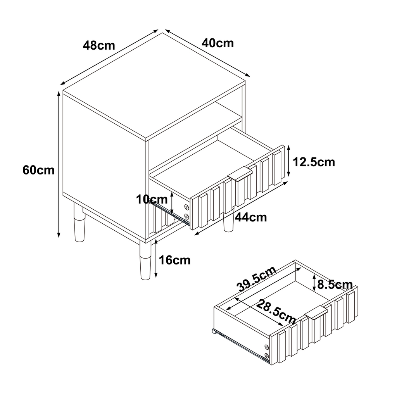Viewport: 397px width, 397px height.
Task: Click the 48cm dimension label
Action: tap(99, 46)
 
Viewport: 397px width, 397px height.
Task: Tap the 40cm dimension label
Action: tap(218, 43)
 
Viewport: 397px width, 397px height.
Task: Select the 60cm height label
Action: tap(38, 170)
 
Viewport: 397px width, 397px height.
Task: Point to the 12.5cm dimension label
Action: tap(314, 162)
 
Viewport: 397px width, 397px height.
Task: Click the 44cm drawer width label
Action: tap(251, 217)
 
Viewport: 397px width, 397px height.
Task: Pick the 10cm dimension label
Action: tap(152, 200)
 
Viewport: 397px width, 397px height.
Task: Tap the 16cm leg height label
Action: tap(175, 260)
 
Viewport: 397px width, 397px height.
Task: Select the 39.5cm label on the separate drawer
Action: tap(257, 279)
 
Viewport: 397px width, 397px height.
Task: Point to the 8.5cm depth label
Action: tap(335, 285)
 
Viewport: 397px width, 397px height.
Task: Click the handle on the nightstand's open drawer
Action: tap(240, 174)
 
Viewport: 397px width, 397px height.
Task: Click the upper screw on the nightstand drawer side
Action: tap(187, 207)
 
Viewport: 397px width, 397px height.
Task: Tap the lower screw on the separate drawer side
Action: tap(266, 355)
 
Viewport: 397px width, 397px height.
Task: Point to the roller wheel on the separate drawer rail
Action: tap(213, 331)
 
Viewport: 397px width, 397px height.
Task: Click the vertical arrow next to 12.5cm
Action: tap(288, 161)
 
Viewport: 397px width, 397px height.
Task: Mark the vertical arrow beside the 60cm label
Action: tap(59, 164)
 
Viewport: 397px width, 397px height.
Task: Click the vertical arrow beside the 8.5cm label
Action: tap(314, 283)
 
